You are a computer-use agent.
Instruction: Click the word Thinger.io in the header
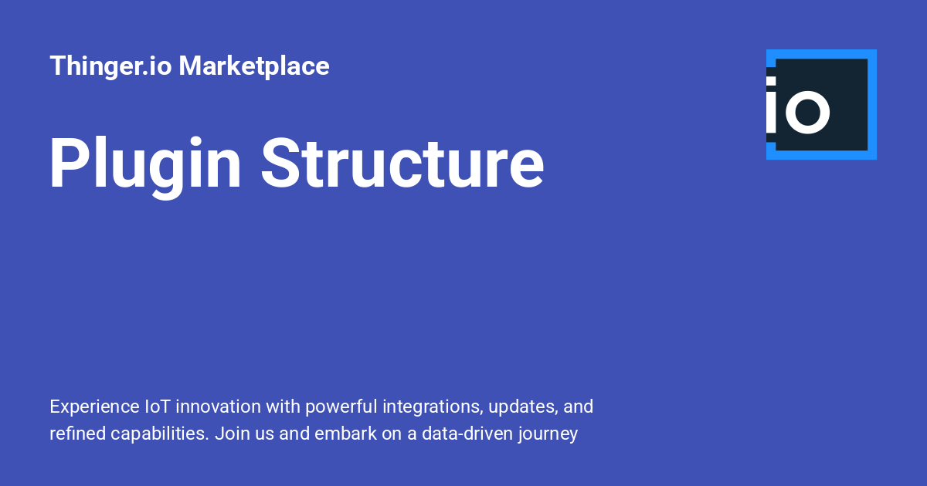110,66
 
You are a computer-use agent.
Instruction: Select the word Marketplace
254,66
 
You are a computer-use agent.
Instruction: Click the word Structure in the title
402,164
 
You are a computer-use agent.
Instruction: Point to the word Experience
94,407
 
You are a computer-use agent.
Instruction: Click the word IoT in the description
158,407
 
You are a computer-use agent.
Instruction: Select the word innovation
218,407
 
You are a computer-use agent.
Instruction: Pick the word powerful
341,407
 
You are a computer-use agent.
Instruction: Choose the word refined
78,434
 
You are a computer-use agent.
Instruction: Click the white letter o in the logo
807,112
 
